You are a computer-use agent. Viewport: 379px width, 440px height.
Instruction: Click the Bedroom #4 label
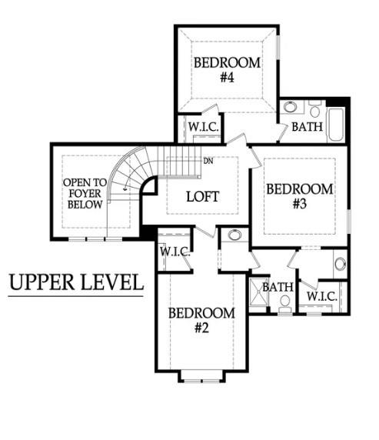click(227, 70)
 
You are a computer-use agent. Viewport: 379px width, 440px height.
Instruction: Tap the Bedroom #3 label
click(300, 196)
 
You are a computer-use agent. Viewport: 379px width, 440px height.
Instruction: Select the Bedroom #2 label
click(201, 320)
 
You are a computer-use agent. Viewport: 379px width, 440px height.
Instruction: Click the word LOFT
click(202, 196)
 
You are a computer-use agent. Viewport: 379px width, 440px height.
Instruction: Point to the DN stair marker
click(208, 161)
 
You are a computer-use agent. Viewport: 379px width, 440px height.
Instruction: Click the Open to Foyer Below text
click(85, 194)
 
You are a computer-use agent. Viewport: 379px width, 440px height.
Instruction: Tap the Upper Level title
click(76, 282)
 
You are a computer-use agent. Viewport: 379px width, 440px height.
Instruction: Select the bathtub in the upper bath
click(336, 125)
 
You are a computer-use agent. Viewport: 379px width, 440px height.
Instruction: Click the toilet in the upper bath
click(315, 108)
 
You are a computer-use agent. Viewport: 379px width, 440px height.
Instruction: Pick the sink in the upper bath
click(290, 107)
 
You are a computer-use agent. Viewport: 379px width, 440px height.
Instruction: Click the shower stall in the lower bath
click(258, 295)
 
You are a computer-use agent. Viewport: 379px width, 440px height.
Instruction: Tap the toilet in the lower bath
click(285, 305)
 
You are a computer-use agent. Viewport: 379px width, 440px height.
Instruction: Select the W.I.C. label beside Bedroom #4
click(203, 127)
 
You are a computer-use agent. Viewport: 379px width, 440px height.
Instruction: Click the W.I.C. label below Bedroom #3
click(322, 296)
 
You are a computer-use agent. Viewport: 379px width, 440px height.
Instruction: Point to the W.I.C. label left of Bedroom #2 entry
click(175, 251)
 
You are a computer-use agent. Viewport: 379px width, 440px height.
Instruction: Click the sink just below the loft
click(234, 235)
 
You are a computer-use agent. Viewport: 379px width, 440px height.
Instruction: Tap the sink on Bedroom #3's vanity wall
click(341, 264)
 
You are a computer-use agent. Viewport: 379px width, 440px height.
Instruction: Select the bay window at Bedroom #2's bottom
click(201, 376)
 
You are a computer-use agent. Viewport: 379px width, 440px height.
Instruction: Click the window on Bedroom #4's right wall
click(278, 47)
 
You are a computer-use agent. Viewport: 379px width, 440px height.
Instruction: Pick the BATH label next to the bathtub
click(308, 127)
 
